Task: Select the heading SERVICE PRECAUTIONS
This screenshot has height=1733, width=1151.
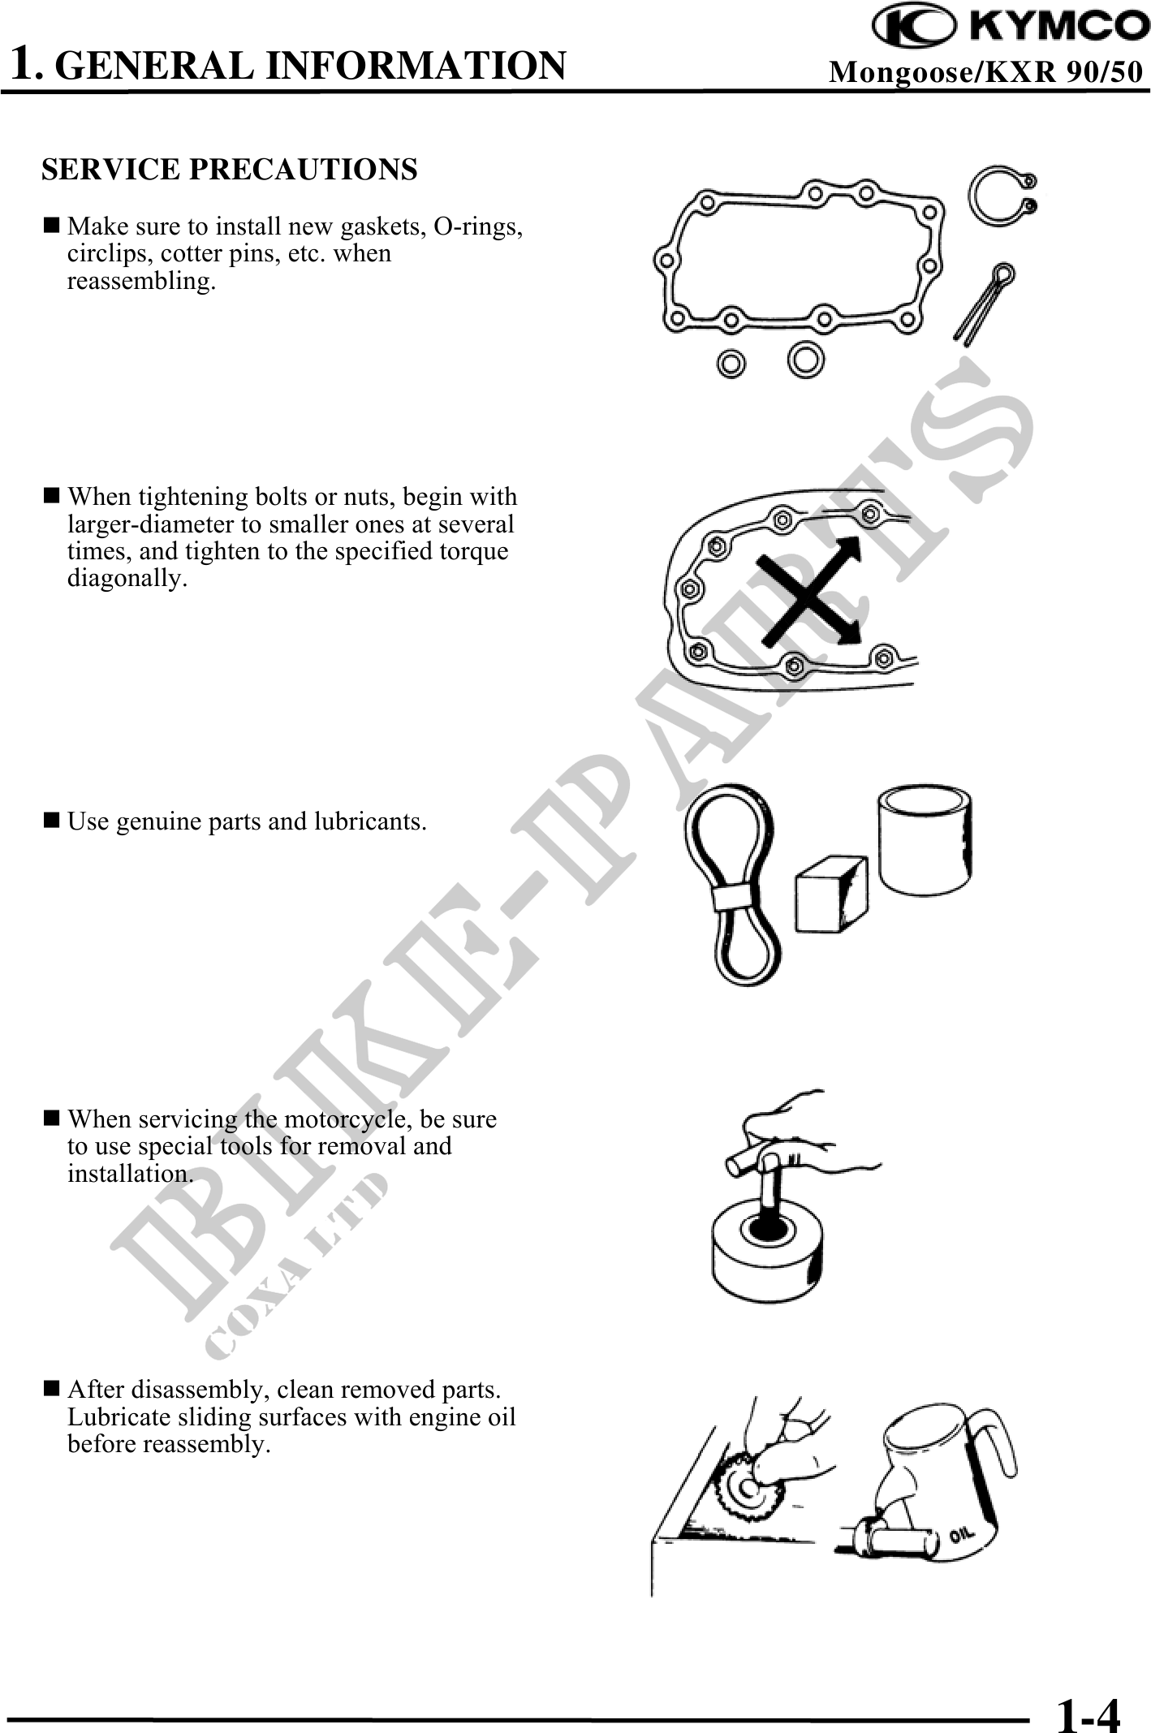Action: pyautogui.click(x=230, y=169)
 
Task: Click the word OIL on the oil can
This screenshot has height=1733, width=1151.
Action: pyautogui.click(x=961, y=1534)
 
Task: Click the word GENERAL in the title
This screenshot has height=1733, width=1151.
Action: pyautogui.click(x=154, y=66)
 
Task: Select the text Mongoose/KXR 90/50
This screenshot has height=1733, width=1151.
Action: pyautogui.click(x=985, y=72)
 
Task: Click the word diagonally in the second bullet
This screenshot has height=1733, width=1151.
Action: pyautogui.click(x=127, y=579)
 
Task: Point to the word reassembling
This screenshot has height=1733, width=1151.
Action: pyautogui.click(x=142, y=282)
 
